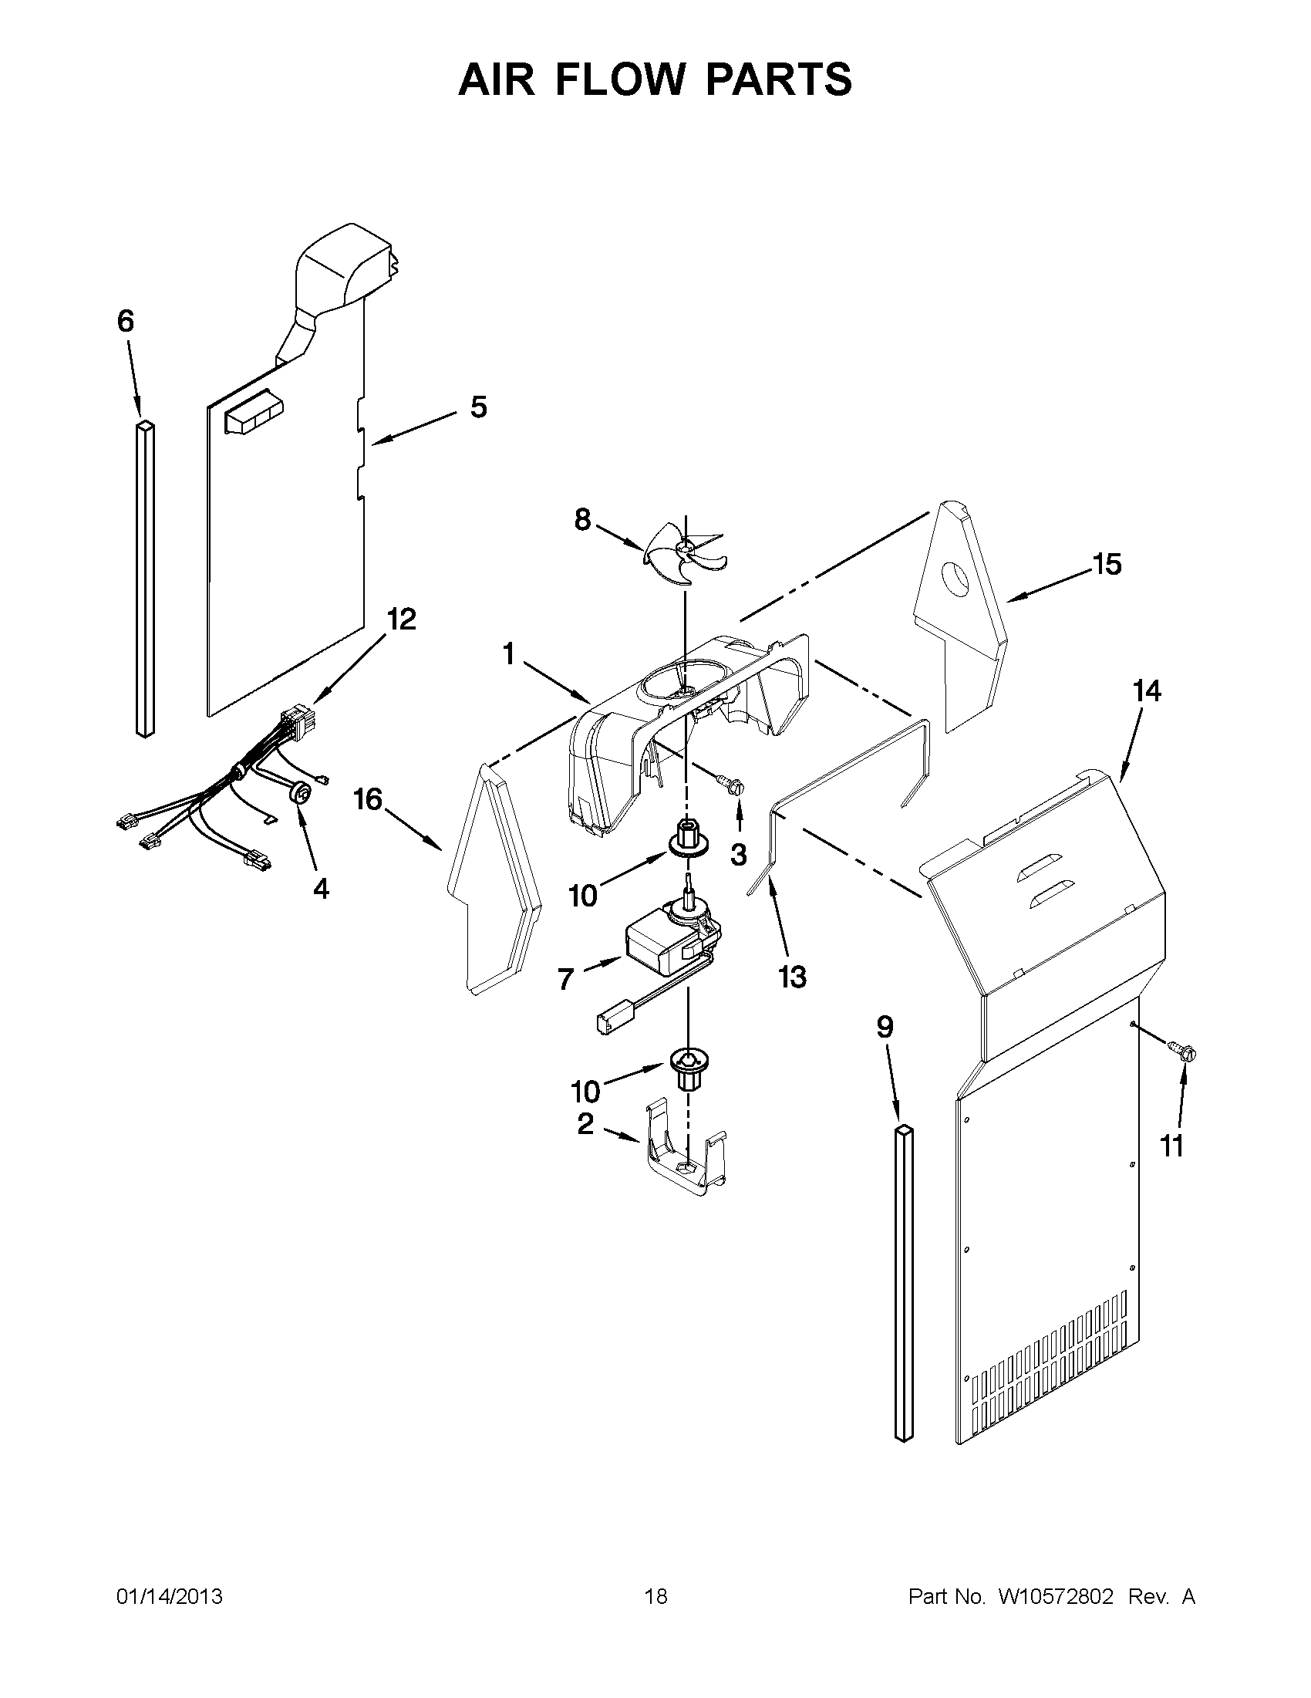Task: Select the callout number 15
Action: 1107,565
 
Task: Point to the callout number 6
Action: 126,321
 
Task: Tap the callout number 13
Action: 792,977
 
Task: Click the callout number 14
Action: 1147,690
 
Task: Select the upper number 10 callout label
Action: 583,896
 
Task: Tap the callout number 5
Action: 479,407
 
